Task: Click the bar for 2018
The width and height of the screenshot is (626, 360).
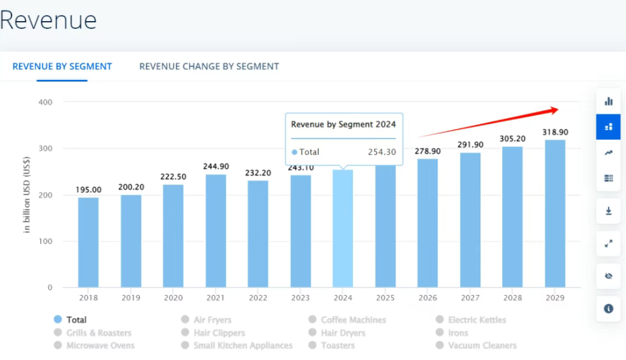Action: [89, 243]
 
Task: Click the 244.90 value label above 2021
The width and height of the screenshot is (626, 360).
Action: [216, 167]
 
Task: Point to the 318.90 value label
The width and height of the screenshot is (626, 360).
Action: [555, 132]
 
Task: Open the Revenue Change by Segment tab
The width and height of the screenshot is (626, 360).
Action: [209, 66]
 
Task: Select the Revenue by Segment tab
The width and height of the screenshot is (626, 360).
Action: [62, 66]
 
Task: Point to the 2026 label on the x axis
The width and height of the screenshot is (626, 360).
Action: [428, 297]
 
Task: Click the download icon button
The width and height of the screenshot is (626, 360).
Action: [608, 211]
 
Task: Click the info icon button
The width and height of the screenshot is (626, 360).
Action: [608, 308]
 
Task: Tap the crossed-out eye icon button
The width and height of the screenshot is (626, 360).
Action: [608, 276]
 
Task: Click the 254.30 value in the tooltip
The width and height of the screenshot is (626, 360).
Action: [382, 152]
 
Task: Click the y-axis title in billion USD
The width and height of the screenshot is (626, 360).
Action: [27, 194]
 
